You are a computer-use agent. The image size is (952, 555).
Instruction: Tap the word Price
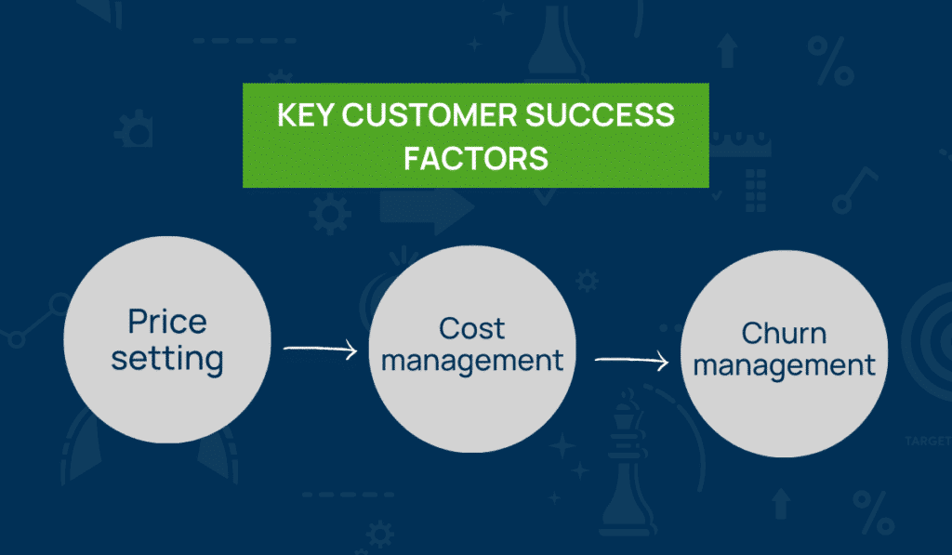pos(167,322)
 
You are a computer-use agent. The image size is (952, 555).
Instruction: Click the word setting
pos(167,358)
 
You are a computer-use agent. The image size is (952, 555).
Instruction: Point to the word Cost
pos(472,327)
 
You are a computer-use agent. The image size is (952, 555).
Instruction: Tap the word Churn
pos(785,333)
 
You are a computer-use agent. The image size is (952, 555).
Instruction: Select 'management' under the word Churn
pos(785,365)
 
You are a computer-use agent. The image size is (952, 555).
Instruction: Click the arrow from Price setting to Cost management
pos(320,350)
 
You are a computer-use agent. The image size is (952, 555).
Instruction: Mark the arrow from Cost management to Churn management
pos(631,360)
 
